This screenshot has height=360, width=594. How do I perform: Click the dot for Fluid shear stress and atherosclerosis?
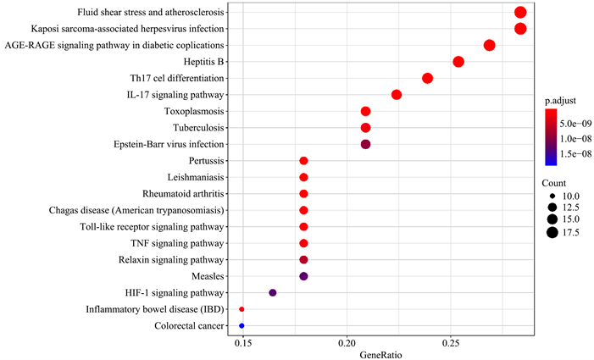point(520,12)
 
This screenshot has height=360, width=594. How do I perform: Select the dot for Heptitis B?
point(458,62)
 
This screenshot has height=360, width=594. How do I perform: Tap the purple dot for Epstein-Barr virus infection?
point(365,144)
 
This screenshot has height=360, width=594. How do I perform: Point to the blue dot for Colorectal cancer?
point(241,325)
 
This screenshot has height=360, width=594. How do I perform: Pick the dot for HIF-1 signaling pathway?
point(273,292)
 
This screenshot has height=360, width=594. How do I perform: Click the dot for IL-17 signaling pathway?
point(397,94)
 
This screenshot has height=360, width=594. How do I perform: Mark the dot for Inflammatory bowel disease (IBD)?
point(241,309)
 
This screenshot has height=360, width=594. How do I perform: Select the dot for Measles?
point(303,276)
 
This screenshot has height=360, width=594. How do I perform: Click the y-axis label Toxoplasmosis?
point(194,111)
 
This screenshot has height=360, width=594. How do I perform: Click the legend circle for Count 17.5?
point(552,233)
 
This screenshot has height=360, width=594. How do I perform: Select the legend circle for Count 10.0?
point(552,195)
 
